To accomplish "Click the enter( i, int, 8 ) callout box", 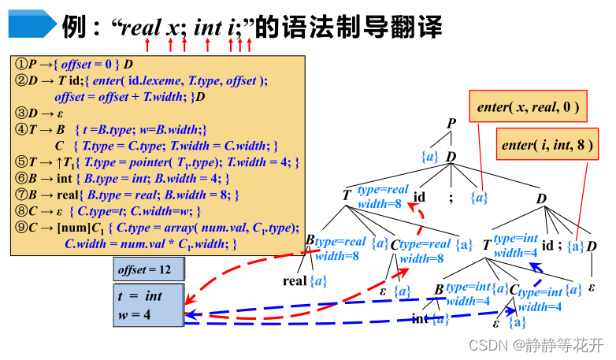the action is [x=548, y=145].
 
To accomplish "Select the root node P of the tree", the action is [x=451, y=124].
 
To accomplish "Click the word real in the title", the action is [x=139, y=28].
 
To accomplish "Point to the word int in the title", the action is [x=208, y=28].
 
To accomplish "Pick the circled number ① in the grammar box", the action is [x=21, y=64].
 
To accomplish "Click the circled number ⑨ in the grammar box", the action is [x=21, y=228].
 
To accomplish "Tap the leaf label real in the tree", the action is [x=295, y=280].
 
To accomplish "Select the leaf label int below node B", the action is [x=420, y=319].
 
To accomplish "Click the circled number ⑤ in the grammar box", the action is [x=21, y=162].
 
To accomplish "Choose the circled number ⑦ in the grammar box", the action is [x=21, y=195].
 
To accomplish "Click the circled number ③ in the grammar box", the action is [x=21, y=113].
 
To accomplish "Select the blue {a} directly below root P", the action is [x=430, y=157].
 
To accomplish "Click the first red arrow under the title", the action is [x=147, y=46].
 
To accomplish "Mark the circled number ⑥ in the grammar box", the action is [x=21, y=179].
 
